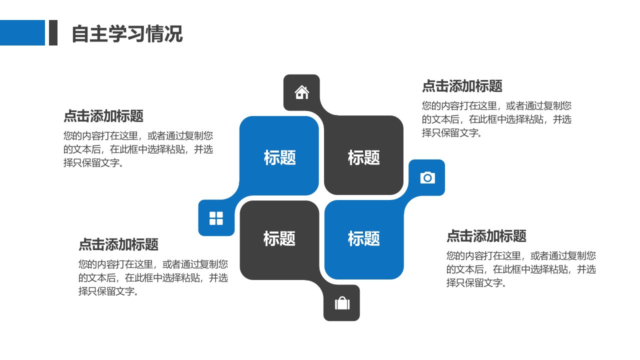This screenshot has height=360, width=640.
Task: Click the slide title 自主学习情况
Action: coord(127,33)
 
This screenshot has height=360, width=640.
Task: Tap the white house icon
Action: coord(301,92)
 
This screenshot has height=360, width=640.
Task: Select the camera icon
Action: coord(427,177)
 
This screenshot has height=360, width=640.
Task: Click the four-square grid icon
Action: coord(216,218)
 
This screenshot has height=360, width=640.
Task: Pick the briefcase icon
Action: coord(342,303)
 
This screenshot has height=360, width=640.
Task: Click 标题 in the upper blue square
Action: coord(279,157)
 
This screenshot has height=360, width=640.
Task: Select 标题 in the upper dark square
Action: coord(363,157)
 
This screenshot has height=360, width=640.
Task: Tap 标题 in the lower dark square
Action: coord(279,238)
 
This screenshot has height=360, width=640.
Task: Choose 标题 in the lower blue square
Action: coord(363,238)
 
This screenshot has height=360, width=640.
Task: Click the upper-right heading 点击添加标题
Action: coord(462,86)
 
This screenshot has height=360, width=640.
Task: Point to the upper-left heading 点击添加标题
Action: coord(103,116)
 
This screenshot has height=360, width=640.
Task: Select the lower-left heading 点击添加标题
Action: coord(118,244)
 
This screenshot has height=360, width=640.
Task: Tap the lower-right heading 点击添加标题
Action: coord(486,236)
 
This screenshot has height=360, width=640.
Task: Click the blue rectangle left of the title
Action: coord(22,32)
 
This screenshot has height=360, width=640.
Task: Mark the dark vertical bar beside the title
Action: coord(53,32)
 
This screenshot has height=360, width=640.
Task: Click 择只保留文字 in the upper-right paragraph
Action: coord(448,133)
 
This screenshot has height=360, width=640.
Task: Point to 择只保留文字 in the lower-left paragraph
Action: coord(105,291)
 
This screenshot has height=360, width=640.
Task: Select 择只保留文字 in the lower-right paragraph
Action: coord(473,283)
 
